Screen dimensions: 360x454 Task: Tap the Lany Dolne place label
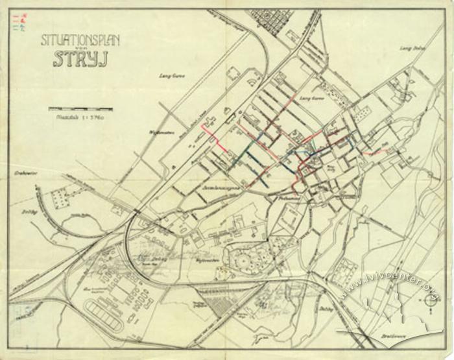tap(414, 49)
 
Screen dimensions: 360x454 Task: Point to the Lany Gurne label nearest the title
tap(172, 76)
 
